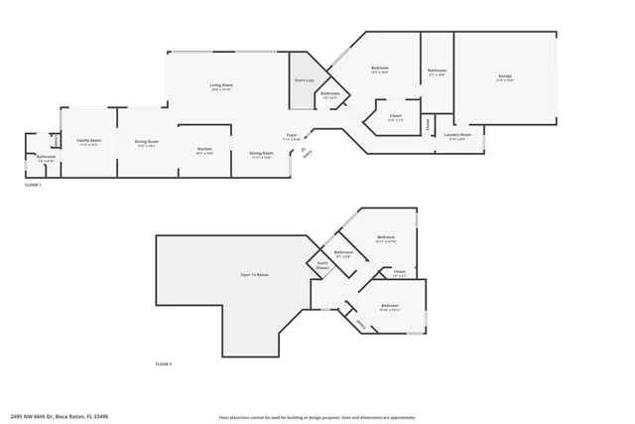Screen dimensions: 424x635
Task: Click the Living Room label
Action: point(221,86)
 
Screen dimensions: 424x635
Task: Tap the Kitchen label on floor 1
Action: point(204,150)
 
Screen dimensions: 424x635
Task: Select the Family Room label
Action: point(89,142)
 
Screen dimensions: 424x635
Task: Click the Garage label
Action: point(505,77)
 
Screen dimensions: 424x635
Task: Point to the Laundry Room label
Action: point(457,135)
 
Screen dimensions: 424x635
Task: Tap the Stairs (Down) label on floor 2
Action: point(322,266)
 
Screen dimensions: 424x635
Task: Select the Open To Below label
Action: point(254,274)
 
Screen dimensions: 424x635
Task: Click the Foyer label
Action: point(292,136)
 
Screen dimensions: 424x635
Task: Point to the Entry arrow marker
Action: point(305,150)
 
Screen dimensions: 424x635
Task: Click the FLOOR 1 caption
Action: point(33,185)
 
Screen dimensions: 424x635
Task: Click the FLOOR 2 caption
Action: point(164,365)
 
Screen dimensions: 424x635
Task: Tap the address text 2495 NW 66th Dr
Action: point(60,416)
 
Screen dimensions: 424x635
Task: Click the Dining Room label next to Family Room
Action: point(147,142)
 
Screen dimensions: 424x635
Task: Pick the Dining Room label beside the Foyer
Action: point(261,154)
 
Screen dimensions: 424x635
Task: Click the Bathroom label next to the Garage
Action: point(437,71)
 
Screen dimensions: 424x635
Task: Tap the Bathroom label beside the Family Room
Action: point(46,157)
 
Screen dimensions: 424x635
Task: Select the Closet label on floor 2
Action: point(399,271)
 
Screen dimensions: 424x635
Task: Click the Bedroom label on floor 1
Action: point(379,68)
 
